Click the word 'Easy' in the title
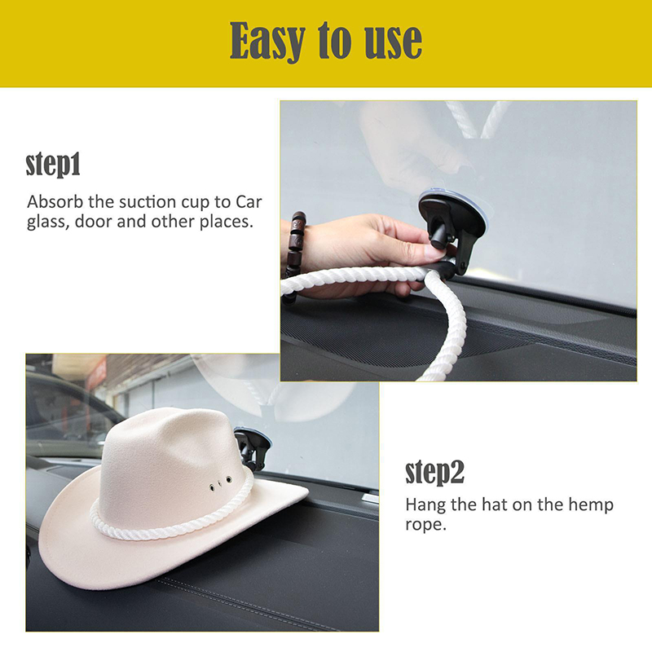coord(268,42)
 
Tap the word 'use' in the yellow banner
coord(394,42)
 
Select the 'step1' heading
coord(53,165)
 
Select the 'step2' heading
coord(434,472)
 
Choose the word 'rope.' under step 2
coord(425,525)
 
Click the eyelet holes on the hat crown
coord(220,483)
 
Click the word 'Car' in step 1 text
coord(249,202)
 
